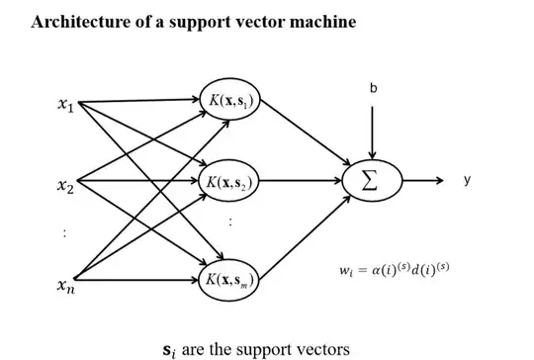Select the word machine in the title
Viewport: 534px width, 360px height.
(x=318, y=21)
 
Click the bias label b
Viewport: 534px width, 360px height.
(x=373, y=89)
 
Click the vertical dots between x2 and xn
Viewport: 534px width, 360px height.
(x=64, y=234)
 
